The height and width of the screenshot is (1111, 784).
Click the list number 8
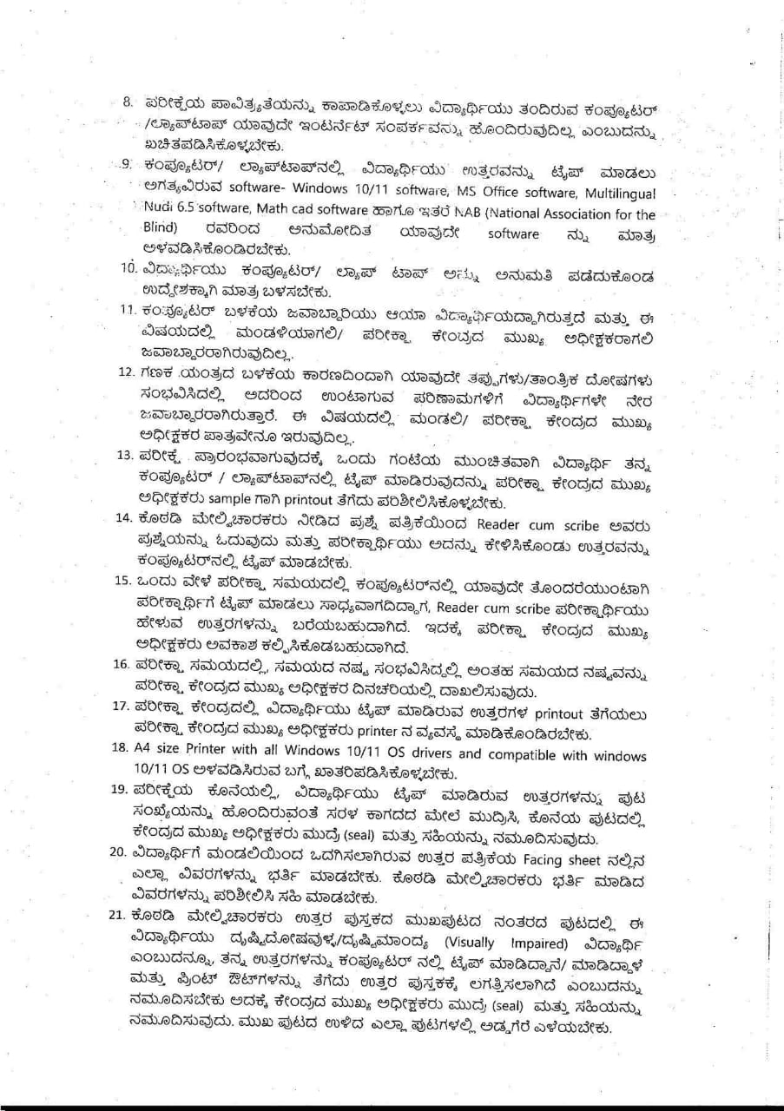click(127, 102)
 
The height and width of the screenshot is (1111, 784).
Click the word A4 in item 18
click(142, 748)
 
